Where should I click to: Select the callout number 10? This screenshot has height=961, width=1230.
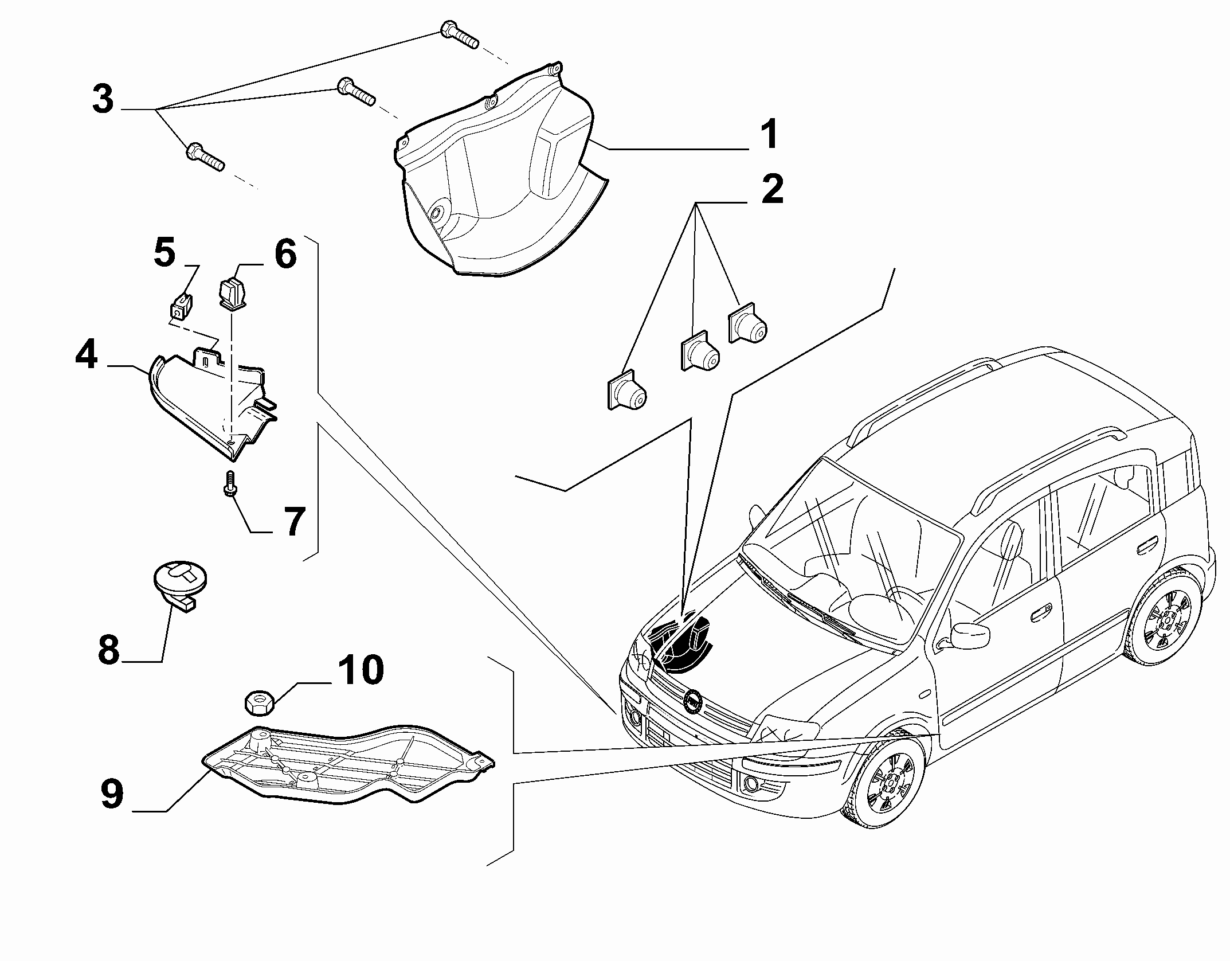click(x=361, y=669)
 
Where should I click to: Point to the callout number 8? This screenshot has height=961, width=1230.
click(x=108, y=650)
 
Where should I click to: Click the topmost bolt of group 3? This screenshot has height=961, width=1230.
click(x=459, y=34)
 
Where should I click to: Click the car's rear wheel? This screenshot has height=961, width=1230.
click(x=1163, y=623)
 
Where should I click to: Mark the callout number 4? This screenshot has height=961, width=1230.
click(x=87, y=356)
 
